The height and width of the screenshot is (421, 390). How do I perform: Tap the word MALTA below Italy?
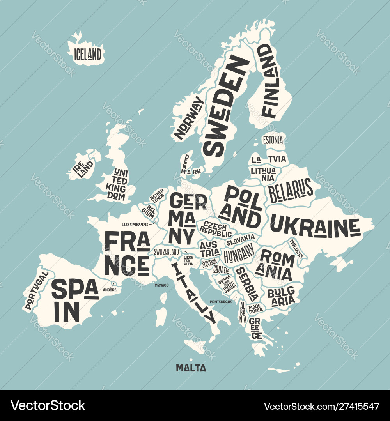tap(191, 368)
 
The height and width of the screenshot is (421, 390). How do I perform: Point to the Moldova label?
tap(296, 249)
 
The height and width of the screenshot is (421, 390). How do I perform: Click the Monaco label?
tap(161, 285)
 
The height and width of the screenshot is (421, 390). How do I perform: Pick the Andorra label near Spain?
tap(110, 290)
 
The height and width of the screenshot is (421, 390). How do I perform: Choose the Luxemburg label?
tap(135, 225)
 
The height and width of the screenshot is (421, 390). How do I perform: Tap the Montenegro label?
tap(221, 301)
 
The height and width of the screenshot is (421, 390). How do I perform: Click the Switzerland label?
tap(167, 252)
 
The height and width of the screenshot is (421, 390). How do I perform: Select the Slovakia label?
tap(240, 239)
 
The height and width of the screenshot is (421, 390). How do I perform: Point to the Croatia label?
tap(221, 269)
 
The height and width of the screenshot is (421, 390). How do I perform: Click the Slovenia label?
tap(209, 264)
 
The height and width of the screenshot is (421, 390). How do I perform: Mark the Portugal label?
tap(37, 290)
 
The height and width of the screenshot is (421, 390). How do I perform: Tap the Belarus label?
tap(291, 191)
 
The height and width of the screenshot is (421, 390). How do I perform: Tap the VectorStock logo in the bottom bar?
tap(48, 405)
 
